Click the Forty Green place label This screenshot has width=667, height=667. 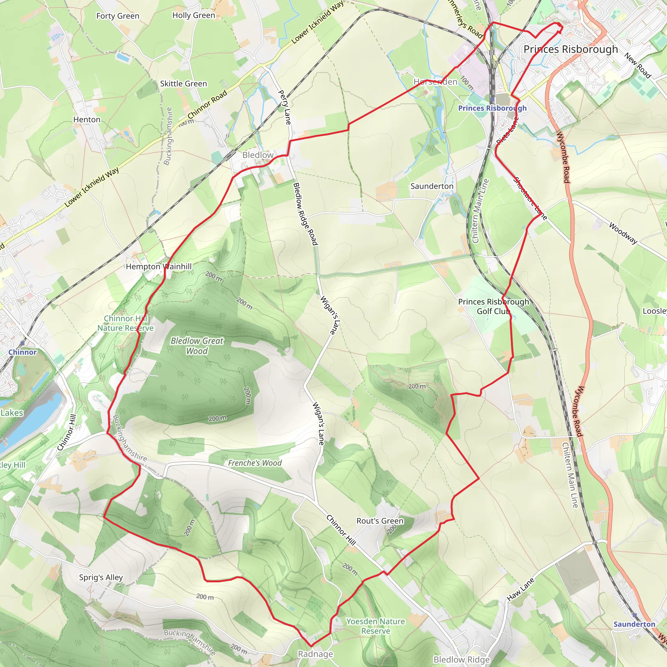(118, 16)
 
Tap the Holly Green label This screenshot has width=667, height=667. (194, 15)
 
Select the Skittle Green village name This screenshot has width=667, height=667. (183, 84)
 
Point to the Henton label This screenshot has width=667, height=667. (87, 120)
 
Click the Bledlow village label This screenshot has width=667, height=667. (258, 155)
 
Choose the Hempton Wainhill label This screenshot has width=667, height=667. (159, 266)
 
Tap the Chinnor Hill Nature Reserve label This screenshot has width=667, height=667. (125, 323)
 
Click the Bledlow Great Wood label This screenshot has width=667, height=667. (197, 346)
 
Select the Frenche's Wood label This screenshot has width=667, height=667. (255, 463)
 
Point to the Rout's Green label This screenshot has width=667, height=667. (380, 521)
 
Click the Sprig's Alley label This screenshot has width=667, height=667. (101, 577)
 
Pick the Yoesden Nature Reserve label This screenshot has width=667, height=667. (376, 626)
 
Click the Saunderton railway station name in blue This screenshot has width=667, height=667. (634, 624)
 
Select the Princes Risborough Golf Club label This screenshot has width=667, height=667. (493, 306)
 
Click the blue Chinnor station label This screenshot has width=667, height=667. (22, 352)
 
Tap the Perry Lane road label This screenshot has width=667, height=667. (285, 107)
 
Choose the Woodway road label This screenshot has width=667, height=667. (623, 234)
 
